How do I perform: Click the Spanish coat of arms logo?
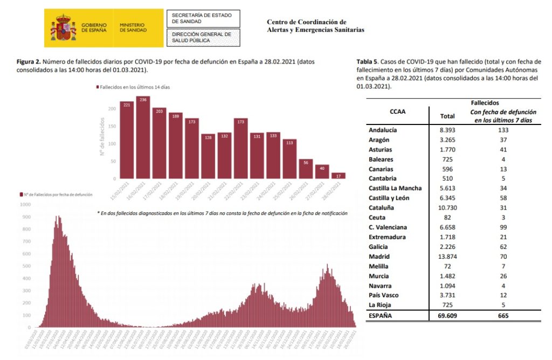pos(63,28)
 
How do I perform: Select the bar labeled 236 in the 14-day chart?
pos(143,137)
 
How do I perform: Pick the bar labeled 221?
pos(127,140)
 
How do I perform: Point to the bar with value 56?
pos(306,169)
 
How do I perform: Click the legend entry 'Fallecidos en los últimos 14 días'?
pos(133,87)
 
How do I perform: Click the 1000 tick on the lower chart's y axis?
pos(26,205)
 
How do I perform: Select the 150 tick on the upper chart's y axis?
pos(112,126)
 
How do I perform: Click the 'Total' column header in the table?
pos(447,116)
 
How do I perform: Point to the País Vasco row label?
pos(387,295)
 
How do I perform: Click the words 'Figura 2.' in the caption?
pos(29,62)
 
